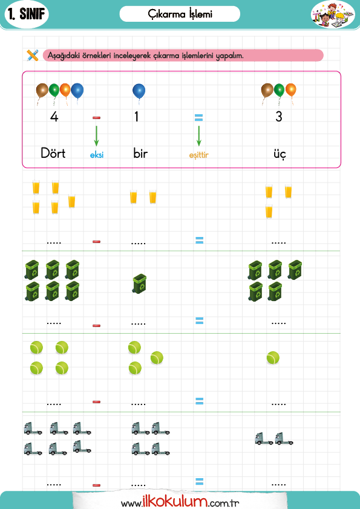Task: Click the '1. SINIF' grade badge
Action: [27, 15]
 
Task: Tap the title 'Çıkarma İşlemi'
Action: [180, 14]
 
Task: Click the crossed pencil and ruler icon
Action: [33, 55]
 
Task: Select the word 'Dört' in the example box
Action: [53, 153]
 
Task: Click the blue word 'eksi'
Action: [96, 155]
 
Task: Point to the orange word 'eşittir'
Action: [199, 155]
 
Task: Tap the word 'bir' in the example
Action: [140, 153]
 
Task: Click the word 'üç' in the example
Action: [280, 154]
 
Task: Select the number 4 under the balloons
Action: [54, 117]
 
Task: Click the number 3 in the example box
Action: [279, 117]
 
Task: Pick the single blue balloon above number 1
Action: [139, 92]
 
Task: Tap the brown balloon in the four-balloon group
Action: [42, 92]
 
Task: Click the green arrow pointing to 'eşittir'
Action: [199, 135]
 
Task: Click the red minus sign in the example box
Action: [96, 117]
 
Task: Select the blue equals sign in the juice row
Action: [200, 240]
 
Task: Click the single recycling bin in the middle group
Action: [139, 284]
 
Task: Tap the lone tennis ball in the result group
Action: [273, 358]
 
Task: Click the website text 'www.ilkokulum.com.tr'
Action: [180, 502]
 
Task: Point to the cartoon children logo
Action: [333, 15]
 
